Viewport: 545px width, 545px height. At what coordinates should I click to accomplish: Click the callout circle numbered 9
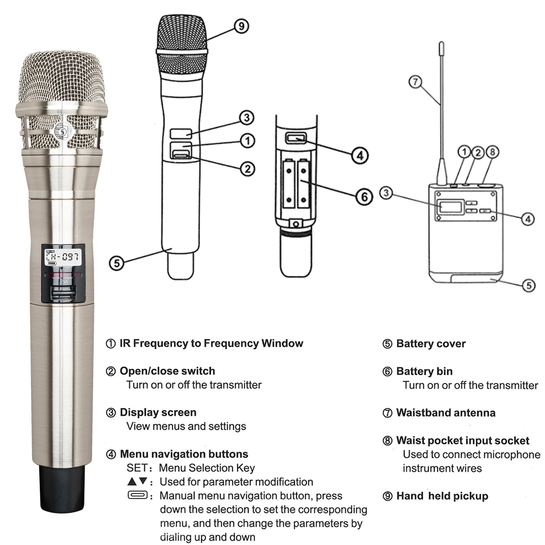tap(241, 26)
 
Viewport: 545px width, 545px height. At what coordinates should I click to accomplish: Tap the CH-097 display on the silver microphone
tap(63, 257)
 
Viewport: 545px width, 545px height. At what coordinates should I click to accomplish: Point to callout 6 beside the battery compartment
tap(364, 197)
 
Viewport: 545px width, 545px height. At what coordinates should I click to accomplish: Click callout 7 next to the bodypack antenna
tap(415, 82)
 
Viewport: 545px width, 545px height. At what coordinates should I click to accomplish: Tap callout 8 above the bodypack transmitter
tap(492, 152)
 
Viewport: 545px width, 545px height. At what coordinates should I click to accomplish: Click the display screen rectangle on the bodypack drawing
tap(450, 207)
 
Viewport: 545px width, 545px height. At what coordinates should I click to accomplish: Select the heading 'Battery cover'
tap(431, 344)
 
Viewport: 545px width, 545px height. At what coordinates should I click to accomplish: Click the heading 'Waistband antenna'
tap(445, 413)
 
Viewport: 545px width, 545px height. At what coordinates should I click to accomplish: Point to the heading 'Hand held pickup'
tap(442, 496)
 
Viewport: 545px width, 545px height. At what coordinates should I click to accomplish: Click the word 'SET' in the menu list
tap(137, 468)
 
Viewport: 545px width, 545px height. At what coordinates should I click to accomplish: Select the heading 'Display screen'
tap(158, 412)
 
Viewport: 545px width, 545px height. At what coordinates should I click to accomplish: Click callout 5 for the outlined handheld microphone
tap(117, 263)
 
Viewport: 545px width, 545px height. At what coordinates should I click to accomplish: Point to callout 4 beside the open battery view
tap(360, 155)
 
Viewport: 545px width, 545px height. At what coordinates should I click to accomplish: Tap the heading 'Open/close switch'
tap(167, 371)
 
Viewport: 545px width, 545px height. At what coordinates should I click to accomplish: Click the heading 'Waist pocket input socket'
tap(462, 441)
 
